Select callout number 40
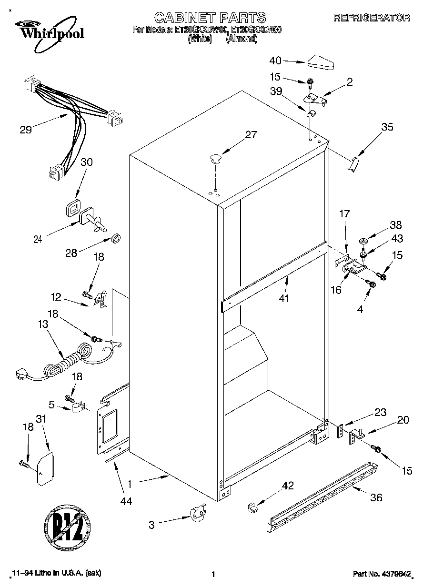pos(276,61)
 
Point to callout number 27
pos(250,134)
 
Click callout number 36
pos(376,497)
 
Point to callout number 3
pos(151,525)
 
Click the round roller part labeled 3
pos(197,515)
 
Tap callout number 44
pos(126,501)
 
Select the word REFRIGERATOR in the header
pos(371,18)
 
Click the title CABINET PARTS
pos(210,18)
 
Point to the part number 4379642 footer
pos(382,574)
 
